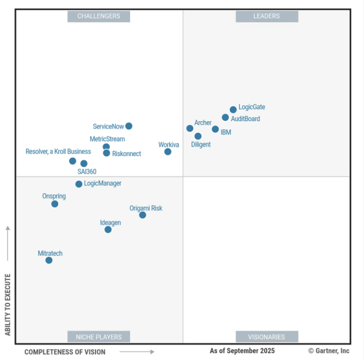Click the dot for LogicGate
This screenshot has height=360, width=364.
[233, 110]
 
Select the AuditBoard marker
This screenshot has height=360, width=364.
[225, 118]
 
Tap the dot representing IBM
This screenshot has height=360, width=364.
[215, 129]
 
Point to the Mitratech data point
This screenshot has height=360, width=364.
[49, 260]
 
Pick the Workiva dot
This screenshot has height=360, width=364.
[168, 152]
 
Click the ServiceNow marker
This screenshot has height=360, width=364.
[129, 126]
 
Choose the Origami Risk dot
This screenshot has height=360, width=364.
[143, 215]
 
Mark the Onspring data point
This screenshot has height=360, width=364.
[55, 204]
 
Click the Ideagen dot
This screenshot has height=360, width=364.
[108, 230]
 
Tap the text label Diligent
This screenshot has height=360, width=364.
[201, 145]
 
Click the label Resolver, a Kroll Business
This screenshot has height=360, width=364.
[58, 152]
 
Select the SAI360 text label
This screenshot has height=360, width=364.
[87, 172]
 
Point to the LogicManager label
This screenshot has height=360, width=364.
[103, 184]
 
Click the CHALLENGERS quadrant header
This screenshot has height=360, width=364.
[98, 16]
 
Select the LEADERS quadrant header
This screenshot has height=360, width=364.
[267, 16]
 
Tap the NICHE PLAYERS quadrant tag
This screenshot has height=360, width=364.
[98, 337]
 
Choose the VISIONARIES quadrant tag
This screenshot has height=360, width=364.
[267, 337]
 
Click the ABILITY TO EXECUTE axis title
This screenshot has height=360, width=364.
[8, 304]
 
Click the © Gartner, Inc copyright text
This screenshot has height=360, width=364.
[328, 351]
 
